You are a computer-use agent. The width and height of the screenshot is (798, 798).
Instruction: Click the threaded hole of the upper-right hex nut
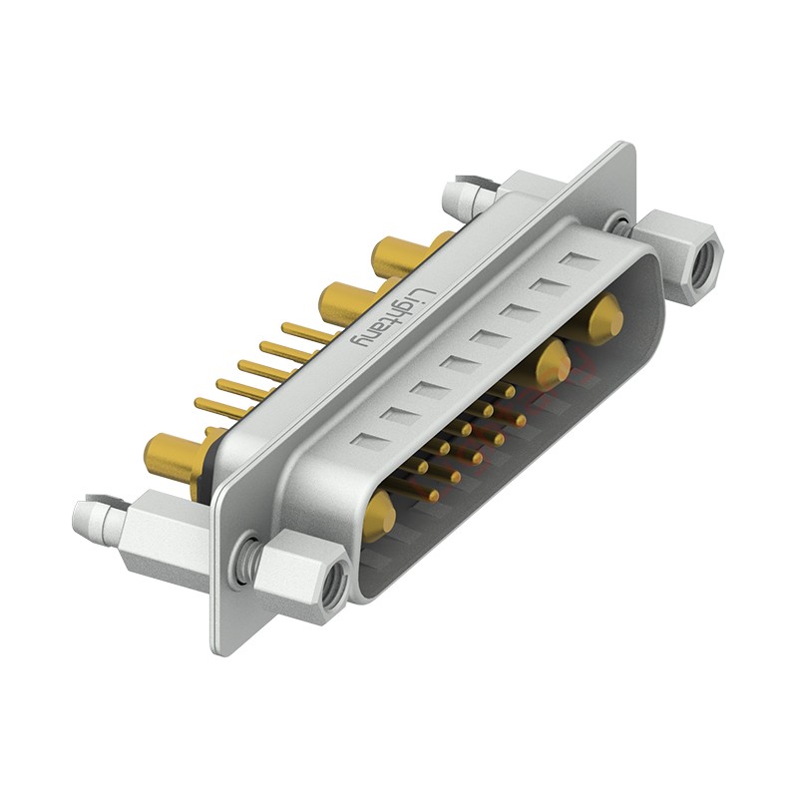tap(705, 261)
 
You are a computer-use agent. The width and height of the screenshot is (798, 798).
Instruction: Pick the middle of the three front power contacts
tap(552, 365)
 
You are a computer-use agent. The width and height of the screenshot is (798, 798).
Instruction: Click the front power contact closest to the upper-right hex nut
tap(604, 321)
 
